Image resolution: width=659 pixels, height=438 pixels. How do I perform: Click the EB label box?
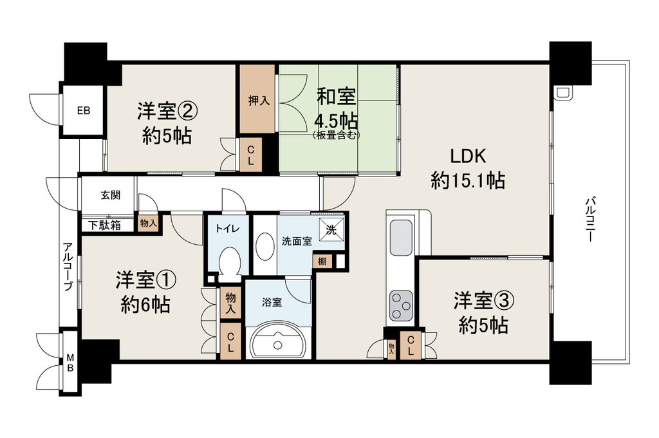(x=83, y=111)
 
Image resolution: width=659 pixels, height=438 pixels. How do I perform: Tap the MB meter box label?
(x=70, y=363)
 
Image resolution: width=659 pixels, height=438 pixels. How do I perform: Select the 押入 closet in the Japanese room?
(x=257, y=100)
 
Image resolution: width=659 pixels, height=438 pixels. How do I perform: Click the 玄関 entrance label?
(x=111, y=195)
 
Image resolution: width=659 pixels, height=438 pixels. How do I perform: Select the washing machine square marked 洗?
(x=331, y=230)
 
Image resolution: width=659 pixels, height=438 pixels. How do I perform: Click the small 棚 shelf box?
(x=322, y=261)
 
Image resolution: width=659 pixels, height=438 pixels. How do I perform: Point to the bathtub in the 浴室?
(x=277, y=343)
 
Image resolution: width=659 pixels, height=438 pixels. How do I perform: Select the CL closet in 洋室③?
(x=411, y=345)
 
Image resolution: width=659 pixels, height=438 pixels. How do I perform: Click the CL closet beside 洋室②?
(x=251, y=155)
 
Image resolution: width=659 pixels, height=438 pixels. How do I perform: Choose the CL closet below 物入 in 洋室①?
(x=231, y=341)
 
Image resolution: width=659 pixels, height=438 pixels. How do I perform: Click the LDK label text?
(x=469, y=156)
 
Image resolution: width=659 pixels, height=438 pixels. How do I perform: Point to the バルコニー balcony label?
(x=589, y=219)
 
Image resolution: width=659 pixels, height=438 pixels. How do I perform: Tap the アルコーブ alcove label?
(x=67, y=267)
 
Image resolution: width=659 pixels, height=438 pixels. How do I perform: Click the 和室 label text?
(x=336, y=97)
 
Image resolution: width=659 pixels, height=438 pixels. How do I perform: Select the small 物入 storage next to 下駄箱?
(x=149, y=224)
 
